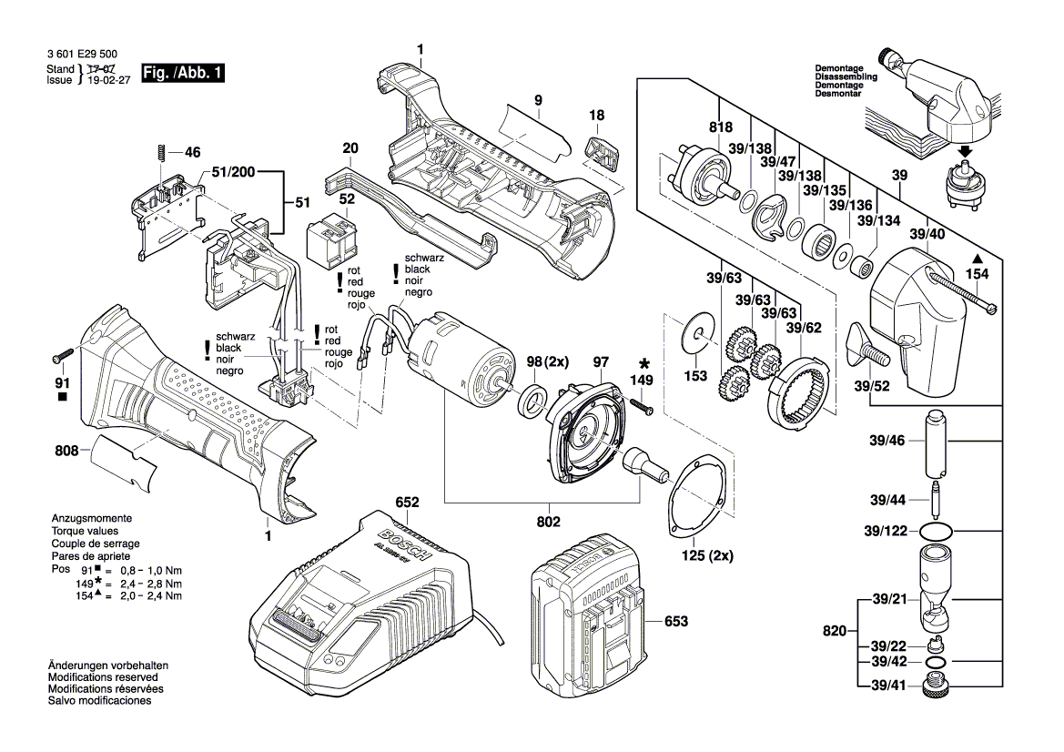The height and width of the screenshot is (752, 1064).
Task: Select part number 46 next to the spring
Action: [x=192, y=152]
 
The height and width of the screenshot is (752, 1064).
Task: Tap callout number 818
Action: [x=720, y=128]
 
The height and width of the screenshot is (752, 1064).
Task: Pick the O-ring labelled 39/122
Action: [x=937, y=530]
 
